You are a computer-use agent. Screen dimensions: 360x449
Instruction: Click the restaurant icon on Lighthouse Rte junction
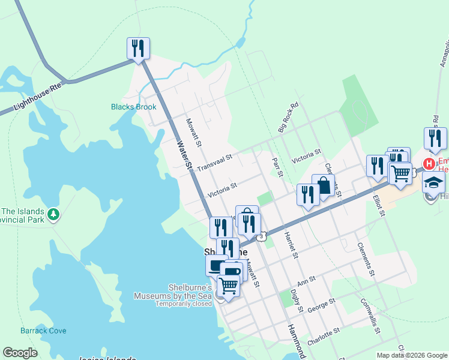(x=138, y=49)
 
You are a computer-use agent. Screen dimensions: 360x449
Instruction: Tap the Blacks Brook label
(x=133, y=107)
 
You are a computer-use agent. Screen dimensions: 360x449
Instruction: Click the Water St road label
(x=184, y=154)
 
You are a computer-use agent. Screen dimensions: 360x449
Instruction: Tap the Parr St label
(x=277, y=167)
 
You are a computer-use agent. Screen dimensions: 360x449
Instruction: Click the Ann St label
(x=306, y=281)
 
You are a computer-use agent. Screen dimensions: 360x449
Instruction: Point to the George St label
(x=320, y=308)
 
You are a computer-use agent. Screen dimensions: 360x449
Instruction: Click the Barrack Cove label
(x=43, y=331)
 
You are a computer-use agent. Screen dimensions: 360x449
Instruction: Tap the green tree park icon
(x=54, y=214)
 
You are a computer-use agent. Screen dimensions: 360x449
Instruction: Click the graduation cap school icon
(x=433, y=182)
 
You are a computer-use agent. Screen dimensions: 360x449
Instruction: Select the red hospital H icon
(x=430, y=163)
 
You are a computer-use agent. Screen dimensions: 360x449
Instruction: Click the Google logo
(x=20, y=353)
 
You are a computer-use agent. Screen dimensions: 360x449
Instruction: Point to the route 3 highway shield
(x=262, y=237)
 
